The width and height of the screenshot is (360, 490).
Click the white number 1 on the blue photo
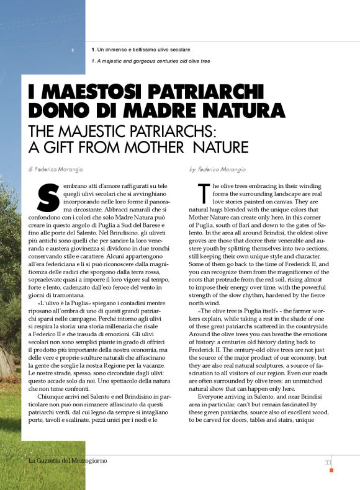(73, 50)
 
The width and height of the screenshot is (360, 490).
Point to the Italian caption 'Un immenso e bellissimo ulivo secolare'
(143, 49)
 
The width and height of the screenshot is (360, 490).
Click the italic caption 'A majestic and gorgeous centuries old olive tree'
(151, 61)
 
